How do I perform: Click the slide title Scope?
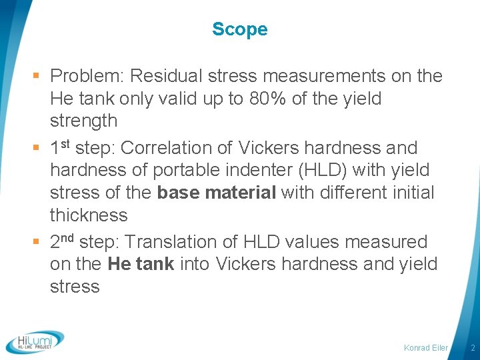pyautogui.click(x=239, y=29)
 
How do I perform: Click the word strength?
pyautogui.click(x=83, y=121)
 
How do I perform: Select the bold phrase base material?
pyautogui.click(x=217, y=193)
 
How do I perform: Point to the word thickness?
pyautogui.click(x=89, y=215)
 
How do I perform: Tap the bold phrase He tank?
pyautogui.click(x=140, y=265)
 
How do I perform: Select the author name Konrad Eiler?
pyautogui.click(x=426, y=348)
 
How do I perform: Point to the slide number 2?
pyautogui.click(x=472, y=348)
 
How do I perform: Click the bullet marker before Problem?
pyautogui.click(x=41, y=77)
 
